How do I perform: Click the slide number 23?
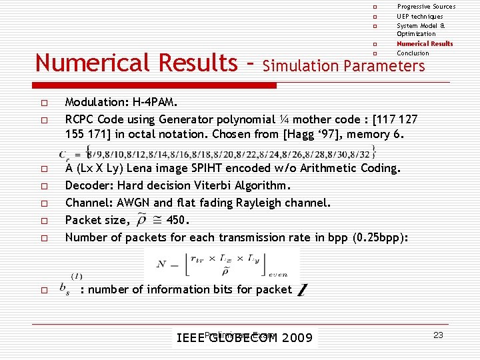coord(438,335)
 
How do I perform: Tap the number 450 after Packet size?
coord(177,220)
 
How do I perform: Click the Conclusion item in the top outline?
coord(413,53)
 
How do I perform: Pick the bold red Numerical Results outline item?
coord(425,44)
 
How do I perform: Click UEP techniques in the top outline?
coord(419,16)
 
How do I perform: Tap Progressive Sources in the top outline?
coord(426,7)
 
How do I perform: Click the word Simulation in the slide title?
coord(301,65)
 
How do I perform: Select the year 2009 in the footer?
coord(297,338)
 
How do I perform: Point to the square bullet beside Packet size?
coord(42,221)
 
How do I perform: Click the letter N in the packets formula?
coord(161,264)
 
